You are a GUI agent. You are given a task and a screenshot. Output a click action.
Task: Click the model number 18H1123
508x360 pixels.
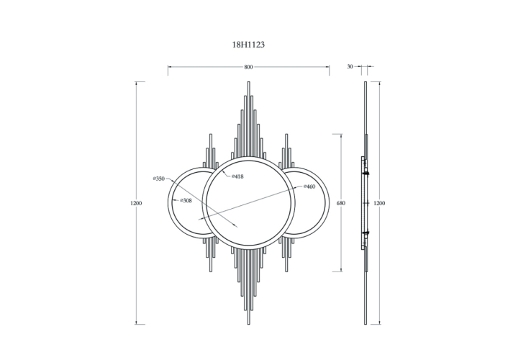pos(248,45)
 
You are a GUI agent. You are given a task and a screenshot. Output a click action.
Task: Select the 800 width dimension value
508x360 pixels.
pos(248,67)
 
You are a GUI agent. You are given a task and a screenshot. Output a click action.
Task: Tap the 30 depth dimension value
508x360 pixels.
pos(350,66)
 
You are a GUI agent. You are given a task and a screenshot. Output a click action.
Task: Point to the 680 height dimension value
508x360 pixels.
pos(341,203)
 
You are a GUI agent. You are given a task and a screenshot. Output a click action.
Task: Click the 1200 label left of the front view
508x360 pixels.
pos(136,203)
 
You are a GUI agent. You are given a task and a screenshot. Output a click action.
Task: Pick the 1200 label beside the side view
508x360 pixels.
pos(379,203)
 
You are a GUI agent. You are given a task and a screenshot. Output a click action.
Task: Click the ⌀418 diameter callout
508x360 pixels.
pos(237,176)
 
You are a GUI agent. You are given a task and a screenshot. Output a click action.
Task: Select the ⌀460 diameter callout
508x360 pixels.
pos(309,186)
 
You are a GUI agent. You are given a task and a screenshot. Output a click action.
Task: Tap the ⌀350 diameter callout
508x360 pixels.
pos(159,179)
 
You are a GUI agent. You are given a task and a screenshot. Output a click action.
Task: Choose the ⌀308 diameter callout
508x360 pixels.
pos(186,201)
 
